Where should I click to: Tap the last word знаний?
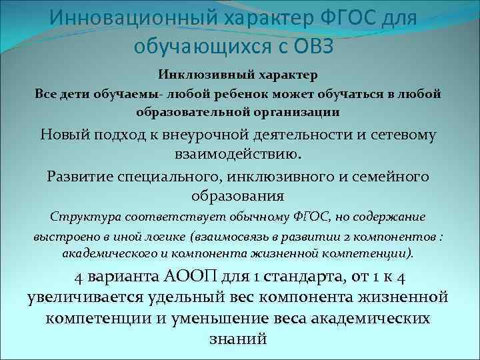point(238,339)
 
